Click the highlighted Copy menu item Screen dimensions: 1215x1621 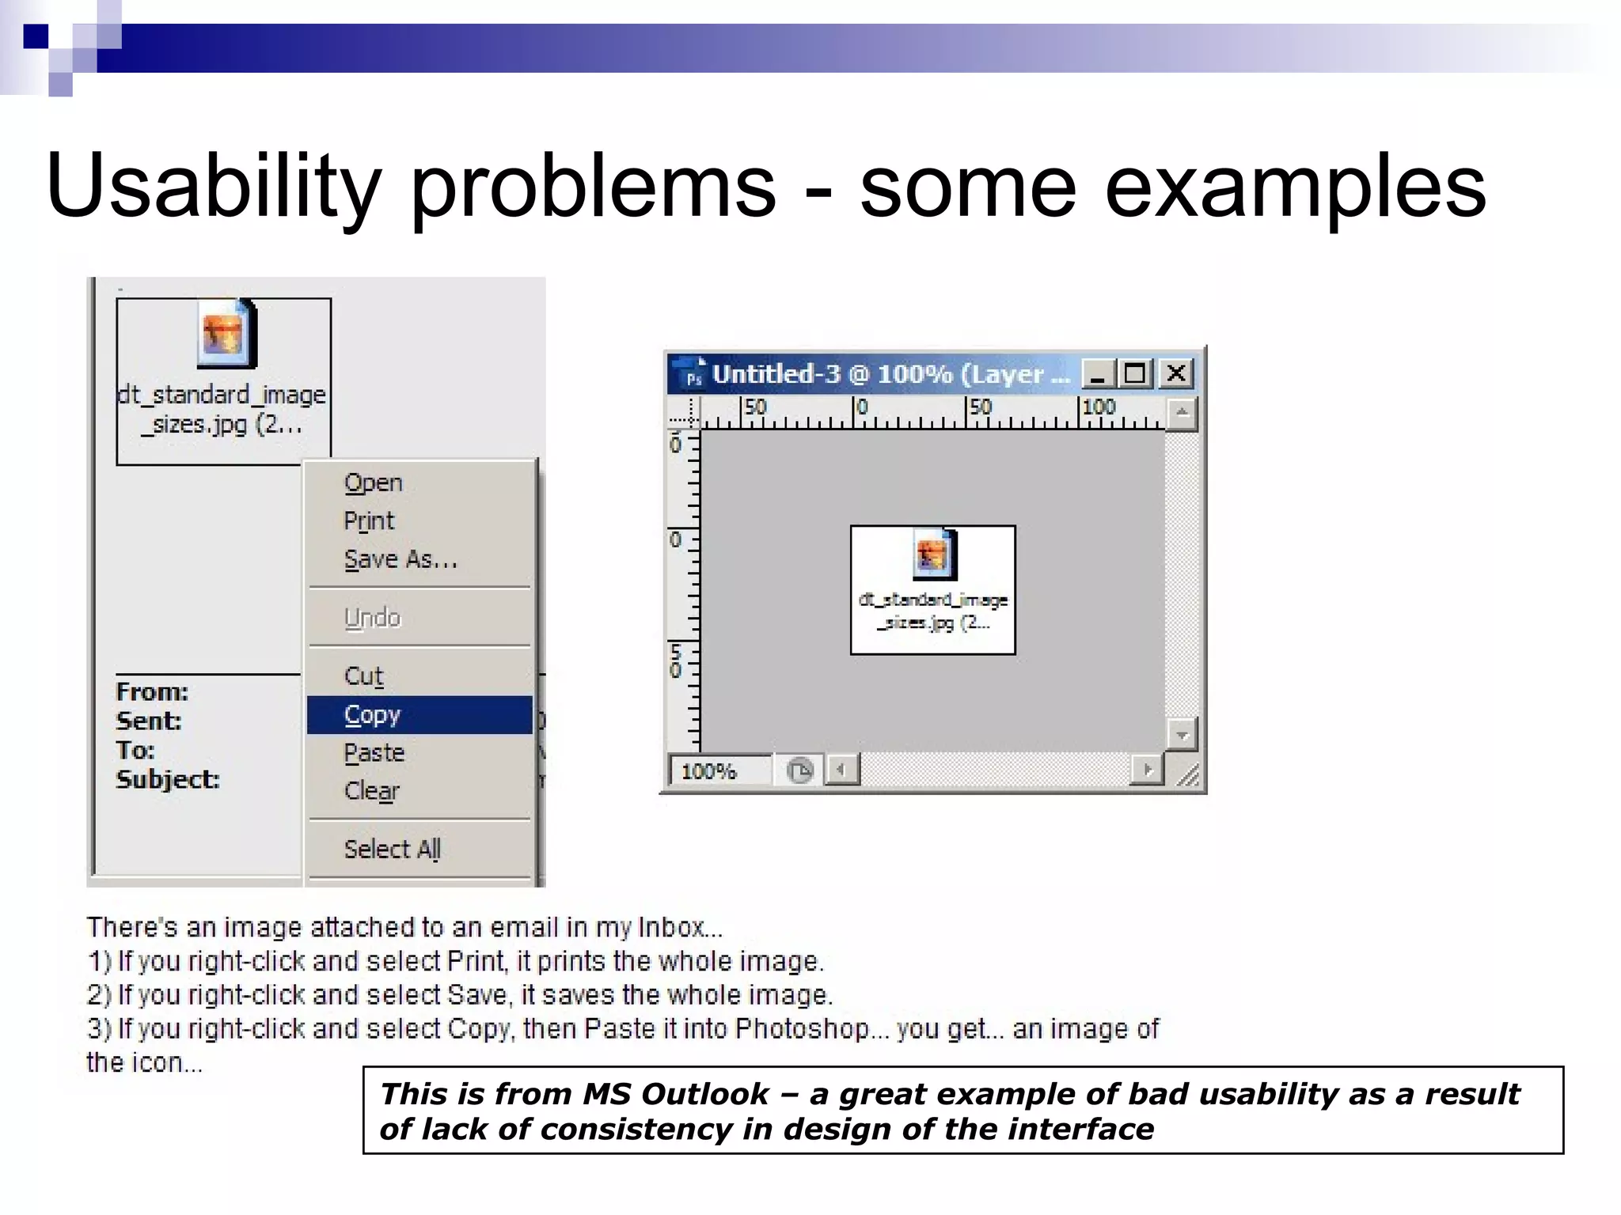pos(419,714)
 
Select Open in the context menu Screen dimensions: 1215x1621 pos(374,483)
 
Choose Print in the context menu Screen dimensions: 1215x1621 pos(369,520)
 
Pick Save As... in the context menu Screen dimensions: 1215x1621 pos(401,559)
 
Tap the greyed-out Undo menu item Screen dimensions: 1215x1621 pos(372,618)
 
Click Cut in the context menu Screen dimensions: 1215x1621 pos(364,676)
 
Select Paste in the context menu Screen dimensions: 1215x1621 pos(374,752)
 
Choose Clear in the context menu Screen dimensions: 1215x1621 pos(372,790)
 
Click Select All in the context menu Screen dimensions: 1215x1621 pos(393,849)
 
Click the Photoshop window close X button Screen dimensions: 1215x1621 pos(1176,373)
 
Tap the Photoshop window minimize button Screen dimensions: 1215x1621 pos(1098,373)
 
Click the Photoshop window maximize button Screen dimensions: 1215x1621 pos(1136,373)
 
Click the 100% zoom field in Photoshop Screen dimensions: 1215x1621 pos(719,770)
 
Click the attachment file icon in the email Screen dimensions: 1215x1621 pos(226,335)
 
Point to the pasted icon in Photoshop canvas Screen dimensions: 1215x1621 pos(933,554)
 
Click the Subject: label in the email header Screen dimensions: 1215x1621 pos(168,779)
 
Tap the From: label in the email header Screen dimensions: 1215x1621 pos(152,691)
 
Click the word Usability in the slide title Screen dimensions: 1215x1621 pos(214,186)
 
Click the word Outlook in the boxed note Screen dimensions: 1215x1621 pos(704,1094)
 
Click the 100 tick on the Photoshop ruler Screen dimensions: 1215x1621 pos(1098,407)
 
